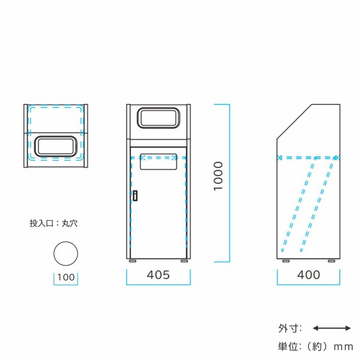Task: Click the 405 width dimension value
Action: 158,275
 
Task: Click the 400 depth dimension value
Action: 309,275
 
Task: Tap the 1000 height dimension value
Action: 218,176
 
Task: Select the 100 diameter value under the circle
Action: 66,277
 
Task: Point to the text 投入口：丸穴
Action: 53,223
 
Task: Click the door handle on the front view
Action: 135,196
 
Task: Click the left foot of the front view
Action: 133,261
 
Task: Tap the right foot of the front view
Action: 184,261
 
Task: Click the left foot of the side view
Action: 286,261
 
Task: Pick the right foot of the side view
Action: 331,261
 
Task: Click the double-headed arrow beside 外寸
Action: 332,328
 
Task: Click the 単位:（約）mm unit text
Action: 316,346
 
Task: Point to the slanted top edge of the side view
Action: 294,121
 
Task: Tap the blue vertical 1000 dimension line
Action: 229,183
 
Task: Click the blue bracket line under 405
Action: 159,285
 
